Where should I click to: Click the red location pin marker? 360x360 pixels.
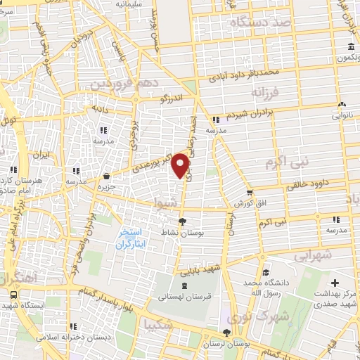tap(181, 165)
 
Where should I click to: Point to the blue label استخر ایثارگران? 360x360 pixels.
tap(131, 240)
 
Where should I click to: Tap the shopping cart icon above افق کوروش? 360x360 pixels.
tap(249, 193)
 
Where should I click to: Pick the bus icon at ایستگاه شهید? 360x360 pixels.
tap(13, 296)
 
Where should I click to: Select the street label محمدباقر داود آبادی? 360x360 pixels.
tap(250, 72)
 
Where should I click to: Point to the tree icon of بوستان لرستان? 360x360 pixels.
tap(226, 334)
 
